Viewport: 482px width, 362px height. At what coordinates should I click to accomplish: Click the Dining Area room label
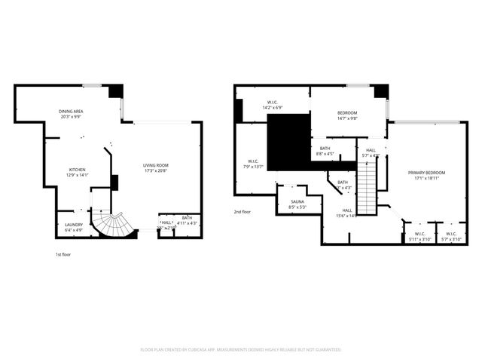pos(71,112)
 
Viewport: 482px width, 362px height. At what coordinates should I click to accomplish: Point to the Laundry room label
pos(74,225)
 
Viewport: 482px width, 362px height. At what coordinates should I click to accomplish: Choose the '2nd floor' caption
pos(243,212)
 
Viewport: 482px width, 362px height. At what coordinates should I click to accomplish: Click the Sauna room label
pos(297,201)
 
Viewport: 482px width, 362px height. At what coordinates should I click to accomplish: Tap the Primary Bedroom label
pos(426,173)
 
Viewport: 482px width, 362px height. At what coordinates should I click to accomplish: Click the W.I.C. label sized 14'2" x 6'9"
pos(272,103)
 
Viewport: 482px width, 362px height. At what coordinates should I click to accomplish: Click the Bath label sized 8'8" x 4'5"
pos(325,149)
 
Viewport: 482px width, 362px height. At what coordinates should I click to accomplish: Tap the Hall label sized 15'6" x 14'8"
pos(347,211)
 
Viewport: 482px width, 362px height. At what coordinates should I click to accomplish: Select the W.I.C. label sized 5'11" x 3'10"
pos(419,234)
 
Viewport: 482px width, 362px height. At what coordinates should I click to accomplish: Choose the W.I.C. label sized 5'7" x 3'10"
pos(451,234)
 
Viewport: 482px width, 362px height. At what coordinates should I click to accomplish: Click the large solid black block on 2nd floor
pos(288,142)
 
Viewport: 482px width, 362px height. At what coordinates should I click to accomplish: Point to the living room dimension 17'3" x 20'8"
pos(156,170)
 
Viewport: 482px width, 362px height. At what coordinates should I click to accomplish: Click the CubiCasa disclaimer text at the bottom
pos(241,350)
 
